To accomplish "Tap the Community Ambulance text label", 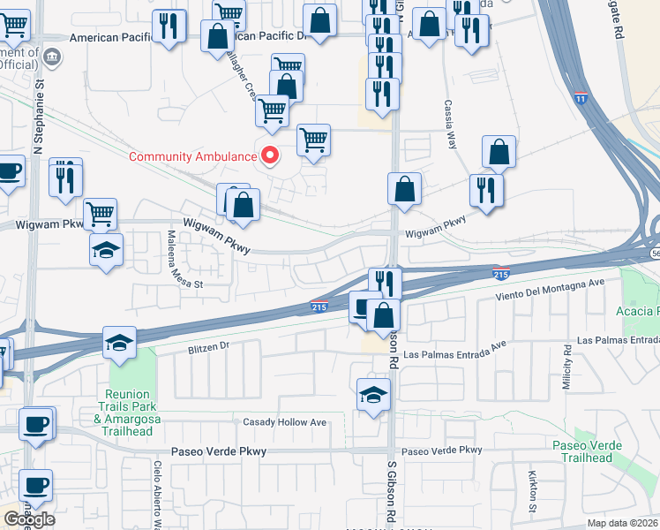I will [193, 157].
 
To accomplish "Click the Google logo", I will [29, 519].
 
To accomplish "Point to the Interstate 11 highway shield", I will [581, 98].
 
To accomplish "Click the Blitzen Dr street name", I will [208, 349].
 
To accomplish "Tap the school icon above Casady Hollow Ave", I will [374, 393].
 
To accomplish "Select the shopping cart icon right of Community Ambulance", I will [314, 140].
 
